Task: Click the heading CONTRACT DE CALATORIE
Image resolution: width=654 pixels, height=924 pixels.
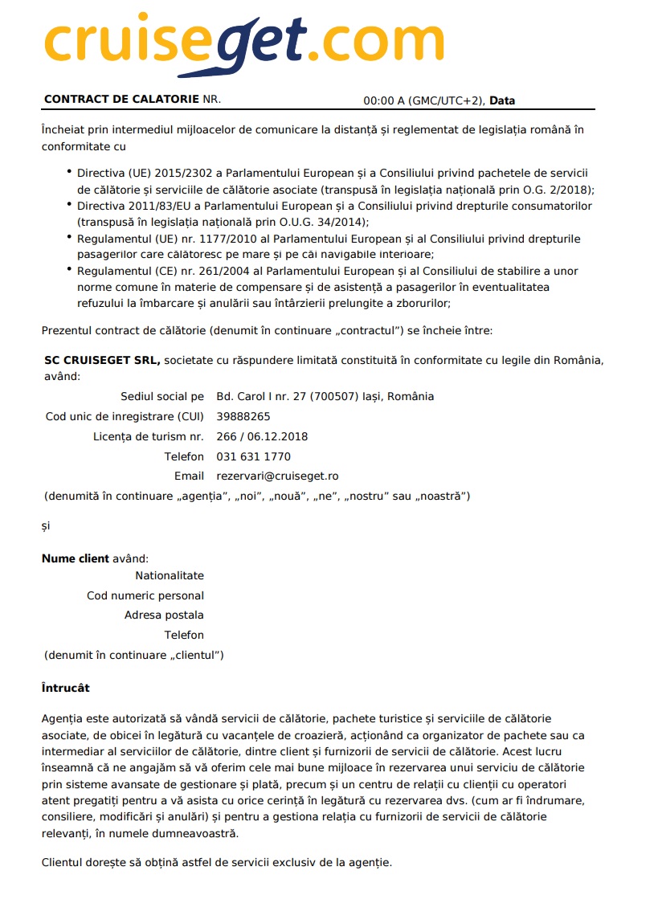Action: [x=121, y=100]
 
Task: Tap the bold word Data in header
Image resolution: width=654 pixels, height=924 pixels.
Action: [x=502, y=101]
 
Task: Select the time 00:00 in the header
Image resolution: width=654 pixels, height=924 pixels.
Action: [x=377, y=101]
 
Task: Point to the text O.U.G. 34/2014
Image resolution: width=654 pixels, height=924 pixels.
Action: [x=327, y=222]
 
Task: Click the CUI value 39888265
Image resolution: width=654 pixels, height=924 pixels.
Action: [x=243, y=417]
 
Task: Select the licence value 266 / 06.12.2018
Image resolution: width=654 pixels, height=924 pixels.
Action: [x=262, y=437]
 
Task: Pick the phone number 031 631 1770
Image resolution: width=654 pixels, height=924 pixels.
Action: [x=254, y=457]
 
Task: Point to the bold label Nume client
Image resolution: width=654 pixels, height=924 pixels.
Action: [x=76, y=559]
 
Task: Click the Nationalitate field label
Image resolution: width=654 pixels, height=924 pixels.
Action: [x=170, y=576]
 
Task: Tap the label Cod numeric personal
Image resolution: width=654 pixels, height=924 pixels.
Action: [x=145, y=596]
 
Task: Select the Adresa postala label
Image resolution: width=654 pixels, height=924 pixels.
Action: [x=164, y=615]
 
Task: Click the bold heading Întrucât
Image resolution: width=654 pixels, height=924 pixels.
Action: [x=66, y=689]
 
